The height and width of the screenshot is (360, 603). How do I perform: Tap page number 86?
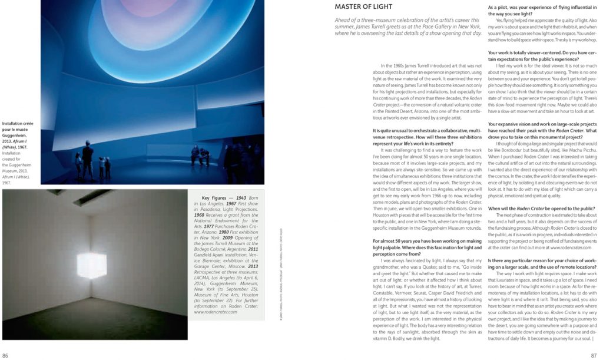pos(5,355)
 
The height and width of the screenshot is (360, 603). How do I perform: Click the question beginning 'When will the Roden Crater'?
pos(537,209)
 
